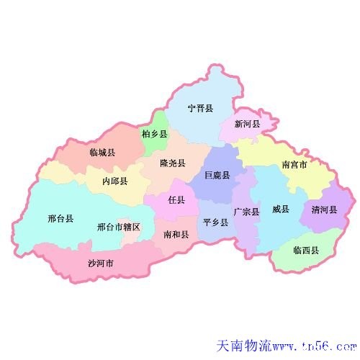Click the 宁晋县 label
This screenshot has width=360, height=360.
click(200, 109)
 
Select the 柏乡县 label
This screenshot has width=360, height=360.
click(154, 134)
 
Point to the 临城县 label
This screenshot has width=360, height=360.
click(102, 152)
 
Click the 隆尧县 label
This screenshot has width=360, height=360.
click(173, 163)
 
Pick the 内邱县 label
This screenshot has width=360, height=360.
click(115, 181)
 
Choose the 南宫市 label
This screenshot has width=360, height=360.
click(294, 165)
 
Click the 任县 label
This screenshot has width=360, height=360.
click(176, 199)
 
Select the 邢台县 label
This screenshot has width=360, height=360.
click(60, 218)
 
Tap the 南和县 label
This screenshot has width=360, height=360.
click(176, 234)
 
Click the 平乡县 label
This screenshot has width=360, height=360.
click(215, 222)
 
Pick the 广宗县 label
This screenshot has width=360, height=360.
click(246, 212)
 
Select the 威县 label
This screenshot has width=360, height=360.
click(280, 210)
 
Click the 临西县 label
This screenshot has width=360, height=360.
click(306, 250)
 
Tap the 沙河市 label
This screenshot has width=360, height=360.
click(101, 263)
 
